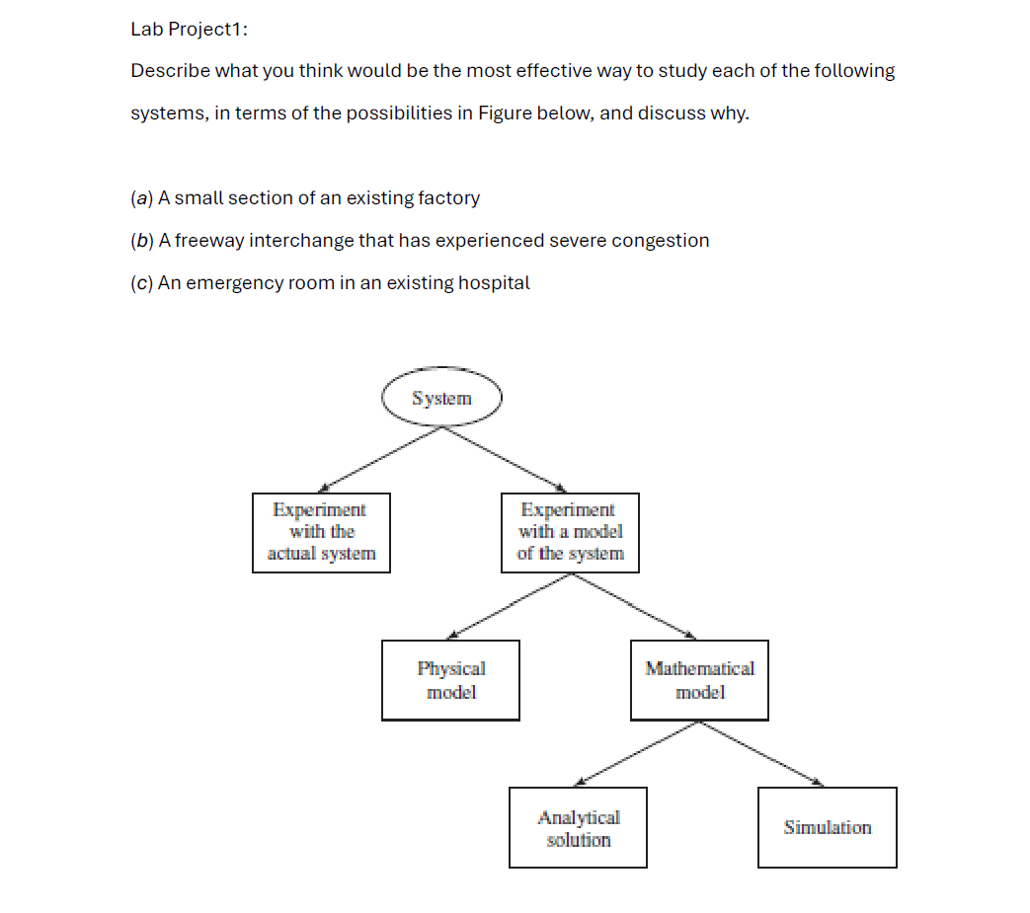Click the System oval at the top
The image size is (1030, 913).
(x=441, y=399)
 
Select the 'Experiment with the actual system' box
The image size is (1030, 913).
(x=321, y=532)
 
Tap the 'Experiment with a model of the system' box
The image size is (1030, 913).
(x=570, y=532)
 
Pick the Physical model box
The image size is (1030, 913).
(x=450, y=680)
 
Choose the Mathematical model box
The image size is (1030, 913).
(x=699, y=680)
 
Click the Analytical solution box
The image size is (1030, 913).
(x=578, y=827)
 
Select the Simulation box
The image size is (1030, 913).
(x=827, y=827)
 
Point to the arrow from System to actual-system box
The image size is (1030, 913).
(x=380, y=460)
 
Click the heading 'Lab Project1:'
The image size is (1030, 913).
(x=189, y=29)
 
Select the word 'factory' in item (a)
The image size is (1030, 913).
(x=449, y=197)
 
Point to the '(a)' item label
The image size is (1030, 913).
(x=141, y=197)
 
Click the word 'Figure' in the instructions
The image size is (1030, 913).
(x=505, y=113)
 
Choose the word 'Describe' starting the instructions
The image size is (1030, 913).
(x=169, y=71)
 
